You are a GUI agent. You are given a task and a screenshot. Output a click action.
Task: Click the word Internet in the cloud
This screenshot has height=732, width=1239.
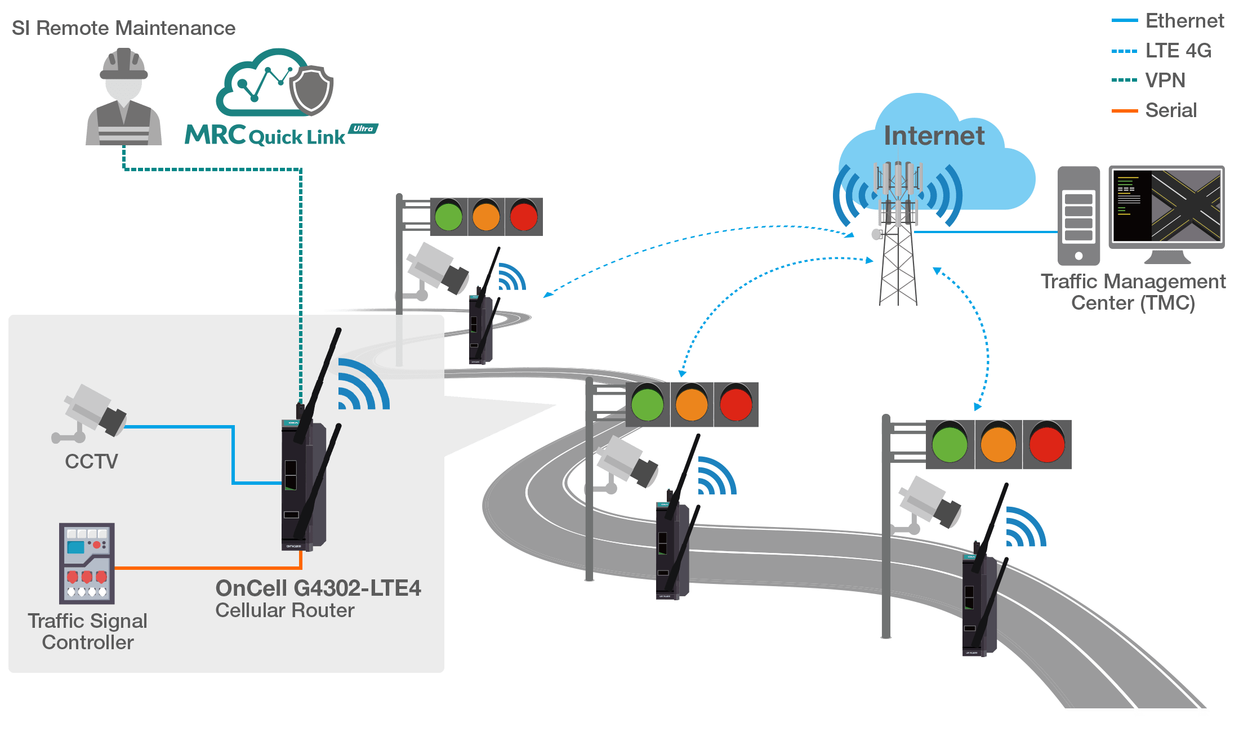point(934,136)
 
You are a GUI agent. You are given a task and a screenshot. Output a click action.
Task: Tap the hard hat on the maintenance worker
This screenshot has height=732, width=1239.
point(124,64)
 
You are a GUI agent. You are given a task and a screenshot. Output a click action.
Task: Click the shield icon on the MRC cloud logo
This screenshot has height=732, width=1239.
point(310,90)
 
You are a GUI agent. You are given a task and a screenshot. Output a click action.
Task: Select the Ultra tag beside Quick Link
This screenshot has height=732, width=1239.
point(363,129)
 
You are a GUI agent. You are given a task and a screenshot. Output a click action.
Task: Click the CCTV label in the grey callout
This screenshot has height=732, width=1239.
point(91,461)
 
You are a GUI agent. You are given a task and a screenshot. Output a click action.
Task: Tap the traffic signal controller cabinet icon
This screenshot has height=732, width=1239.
point(87,563)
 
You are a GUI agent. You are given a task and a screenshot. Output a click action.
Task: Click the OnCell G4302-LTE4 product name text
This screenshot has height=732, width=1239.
point(318,588)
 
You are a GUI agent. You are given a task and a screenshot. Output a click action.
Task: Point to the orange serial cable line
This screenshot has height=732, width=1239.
point(208,568)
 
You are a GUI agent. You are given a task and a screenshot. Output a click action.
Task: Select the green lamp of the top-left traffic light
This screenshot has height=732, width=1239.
point(448,217)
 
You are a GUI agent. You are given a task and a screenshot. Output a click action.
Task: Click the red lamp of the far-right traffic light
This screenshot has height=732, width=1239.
point(1047,444)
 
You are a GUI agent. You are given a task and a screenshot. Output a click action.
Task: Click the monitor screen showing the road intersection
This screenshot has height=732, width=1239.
point(1166,206)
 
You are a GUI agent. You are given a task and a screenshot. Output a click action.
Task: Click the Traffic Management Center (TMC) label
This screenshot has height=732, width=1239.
point(1133,292)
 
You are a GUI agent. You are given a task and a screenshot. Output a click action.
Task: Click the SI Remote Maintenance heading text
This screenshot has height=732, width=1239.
point(123,28)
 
